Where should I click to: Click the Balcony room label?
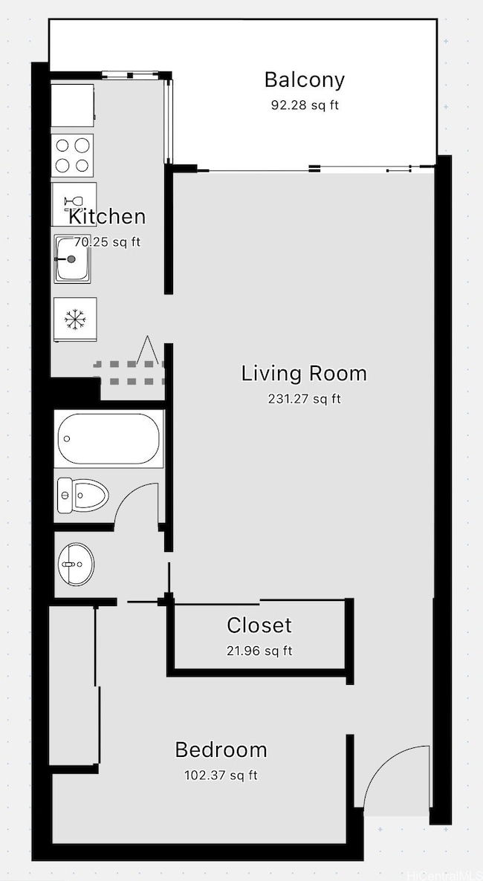[304, 79]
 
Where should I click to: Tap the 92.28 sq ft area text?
[304, 105]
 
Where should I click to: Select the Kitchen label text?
[107, 217]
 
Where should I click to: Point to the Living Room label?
[304, 373]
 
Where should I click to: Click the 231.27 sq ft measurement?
[304, 399]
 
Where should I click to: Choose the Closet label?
[259, 625]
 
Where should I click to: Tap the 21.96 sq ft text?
[259, 651]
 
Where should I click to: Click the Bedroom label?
[221, 750]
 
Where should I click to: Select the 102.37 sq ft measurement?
[221, 776]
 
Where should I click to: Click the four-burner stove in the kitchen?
[73, 155]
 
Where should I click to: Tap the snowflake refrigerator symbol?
[74, 319]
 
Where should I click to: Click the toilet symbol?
[82, 494]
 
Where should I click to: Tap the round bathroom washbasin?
[77, 565]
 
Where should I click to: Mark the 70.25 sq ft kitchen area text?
[107, 242]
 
